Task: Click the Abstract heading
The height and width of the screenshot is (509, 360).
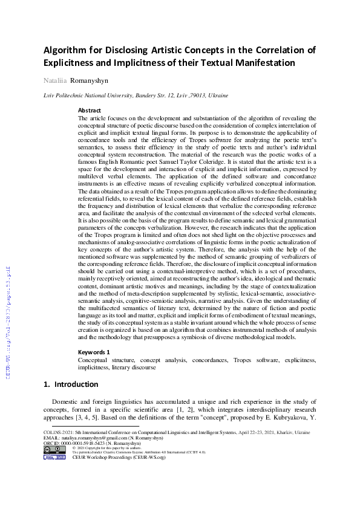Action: pos(90,111)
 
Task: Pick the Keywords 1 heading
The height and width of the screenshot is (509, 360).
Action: pos(94,352)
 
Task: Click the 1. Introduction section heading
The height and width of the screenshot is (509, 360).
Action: pos(71,384)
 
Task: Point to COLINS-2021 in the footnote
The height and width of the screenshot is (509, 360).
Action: pos(59,433)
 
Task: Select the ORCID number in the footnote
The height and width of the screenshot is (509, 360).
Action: pos(85,443)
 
